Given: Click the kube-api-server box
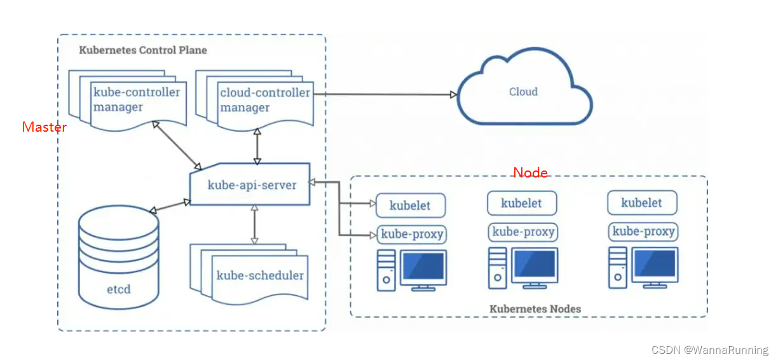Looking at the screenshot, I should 251,185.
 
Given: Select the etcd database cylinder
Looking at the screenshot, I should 118,258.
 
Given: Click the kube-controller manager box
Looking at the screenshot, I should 136,100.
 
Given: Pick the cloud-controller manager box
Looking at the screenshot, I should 263,100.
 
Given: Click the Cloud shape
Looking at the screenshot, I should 523,92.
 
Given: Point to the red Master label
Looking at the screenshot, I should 44,127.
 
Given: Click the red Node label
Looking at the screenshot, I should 530,172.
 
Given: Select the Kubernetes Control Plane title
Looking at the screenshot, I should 142,50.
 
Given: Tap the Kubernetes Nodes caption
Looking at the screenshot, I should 535,309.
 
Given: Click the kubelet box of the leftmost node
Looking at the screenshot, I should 411,205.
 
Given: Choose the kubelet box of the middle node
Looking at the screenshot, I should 522,204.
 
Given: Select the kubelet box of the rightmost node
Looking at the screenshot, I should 642,203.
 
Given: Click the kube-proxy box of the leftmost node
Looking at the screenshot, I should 412,234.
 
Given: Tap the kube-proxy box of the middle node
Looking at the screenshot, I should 523,232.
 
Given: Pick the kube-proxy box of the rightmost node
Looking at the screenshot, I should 643,232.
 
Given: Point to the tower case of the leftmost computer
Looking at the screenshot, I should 386,270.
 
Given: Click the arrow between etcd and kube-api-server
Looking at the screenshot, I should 169,205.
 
